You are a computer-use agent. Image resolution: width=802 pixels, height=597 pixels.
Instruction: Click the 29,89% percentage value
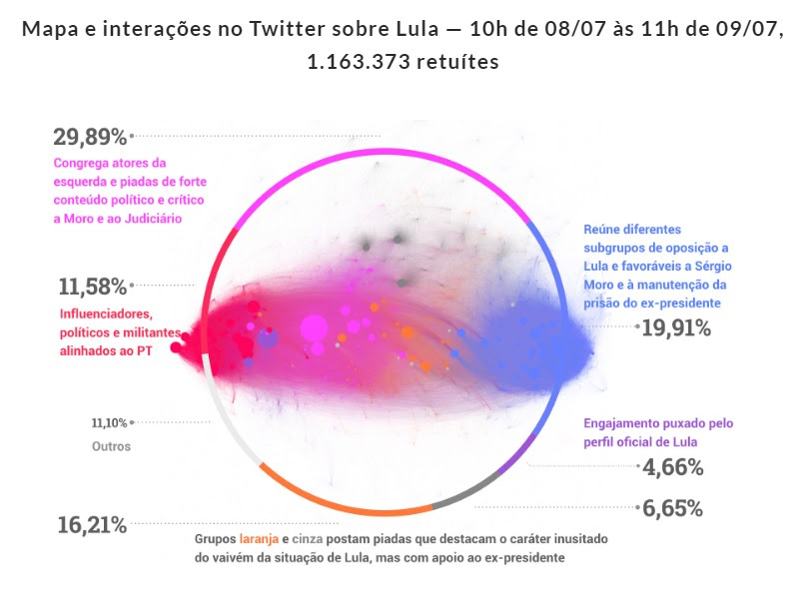tap(91, 137)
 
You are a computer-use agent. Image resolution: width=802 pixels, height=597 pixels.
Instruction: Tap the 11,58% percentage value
tap(93, 288)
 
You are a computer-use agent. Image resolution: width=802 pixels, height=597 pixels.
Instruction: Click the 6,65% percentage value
tap(675, 508)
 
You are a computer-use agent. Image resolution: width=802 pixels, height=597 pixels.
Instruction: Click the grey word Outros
tap(111, 446)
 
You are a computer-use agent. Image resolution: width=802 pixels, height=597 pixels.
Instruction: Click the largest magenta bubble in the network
tap(314, 327)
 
